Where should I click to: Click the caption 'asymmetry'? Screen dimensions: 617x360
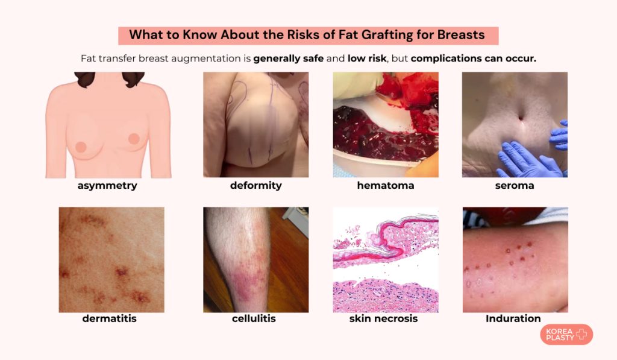[107, 186]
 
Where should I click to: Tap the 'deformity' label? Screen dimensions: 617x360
[255, 186]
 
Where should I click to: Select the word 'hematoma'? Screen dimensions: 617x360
[386, 186]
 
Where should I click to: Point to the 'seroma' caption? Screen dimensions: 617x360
[515, 186]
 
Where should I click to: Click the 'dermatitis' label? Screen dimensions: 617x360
[110, 318]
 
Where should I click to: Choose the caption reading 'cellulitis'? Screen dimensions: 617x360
[254, 318]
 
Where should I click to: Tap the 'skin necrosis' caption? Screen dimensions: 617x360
[384, 318]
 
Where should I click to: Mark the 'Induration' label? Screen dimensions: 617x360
[513, 318]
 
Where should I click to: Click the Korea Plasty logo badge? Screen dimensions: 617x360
[566, 335]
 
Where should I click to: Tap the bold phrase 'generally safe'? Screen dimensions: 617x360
[289, 58]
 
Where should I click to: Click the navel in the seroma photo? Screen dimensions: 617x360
[521, 118]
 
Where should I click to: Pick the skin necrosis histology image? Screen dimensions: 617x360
[386, 260]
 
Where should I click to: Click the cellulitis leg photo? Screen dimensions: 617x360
[255, 260]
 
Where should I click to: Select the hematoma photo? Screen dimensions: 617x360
[386, 124]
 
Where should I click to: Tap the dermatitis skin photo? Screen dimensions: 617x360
[111, 260]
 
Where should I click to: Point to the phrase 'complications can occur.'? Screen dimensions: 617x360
[474, 58]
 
